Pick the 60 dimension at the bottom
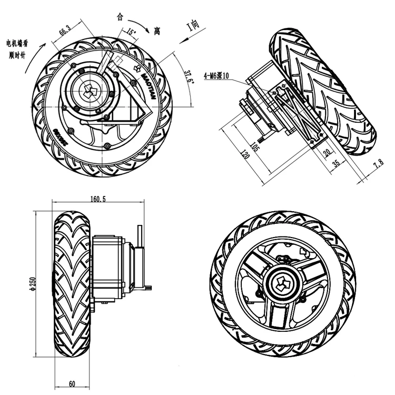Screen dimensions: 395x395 point(73,383)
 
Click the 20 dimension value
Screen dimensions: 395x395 point(327,153)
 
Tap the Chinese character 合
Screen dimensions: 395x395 point(120,17)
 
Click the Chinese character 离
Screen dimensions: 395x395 point(156,32)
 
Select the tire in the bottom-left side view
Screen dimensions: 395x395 point(73,285)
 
